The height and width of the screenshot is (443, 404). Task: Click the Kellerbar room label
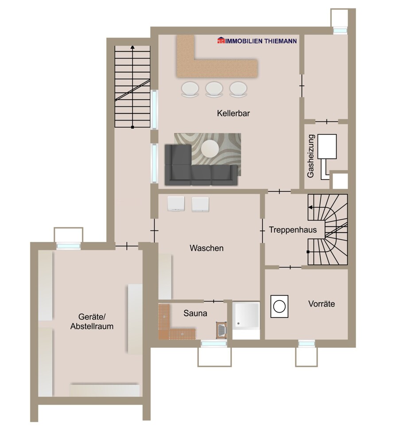coord(233,113)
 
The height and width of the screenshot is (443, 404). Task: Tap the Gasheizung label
coord(311,156)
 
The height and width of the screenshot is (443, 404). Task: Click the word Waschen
coord(206,248)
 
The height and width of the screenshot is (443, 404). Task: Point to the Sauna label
coord(195,313)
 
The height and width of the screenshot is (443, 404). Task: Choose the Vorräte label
coord(321,304)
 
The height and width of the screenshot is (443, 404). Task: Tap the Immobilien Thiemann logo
coord(257,41)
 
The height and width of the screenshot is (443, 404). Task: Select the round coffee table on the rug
coord(210,148)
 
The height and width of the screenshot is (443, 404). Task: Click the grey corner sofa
coord(195,168)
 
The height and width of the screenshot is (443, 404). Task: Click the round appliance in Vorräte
coord(279,306)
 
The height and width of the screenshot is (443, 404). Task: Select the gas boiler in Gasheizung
coord(327,147)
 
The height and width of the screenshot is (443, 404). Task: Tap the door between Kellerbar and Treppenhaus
coord(279,191)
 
